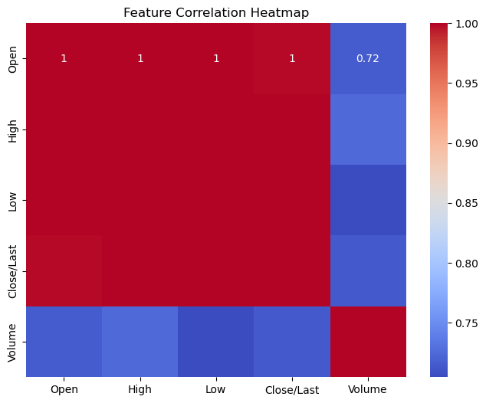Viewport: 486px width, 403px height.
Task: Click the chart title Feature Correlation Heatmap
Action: [216, 12]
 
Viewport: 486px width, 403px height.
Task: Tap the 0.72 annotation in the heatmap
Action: [368, 59]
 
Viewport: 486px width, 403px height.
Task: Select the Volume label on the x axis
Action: [368, 389]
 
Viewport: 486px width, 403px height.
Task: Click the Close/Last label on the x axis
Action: [292, 389]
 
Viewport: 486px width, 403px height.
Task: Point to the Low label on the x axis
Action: [216, 389]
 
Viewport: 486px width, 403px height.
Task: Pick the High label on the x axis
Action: [140, 389]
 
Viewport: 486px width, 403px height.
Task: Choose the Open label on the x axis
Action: [64, 389]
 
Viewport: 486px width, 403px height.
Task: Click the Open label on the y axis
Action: [11, 59]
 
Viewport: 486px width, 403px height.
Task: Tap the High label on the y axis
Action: [11, 129]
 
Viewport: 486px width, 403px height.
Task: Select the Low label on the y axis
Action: [11, 200]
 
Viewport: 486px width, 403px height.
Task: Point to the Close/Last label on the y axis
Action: [11, 270]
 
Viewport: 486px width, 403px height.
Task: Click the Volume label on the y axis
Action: [11, 341]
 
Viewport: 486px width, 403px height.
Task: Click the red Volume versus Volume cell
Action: [368, 341]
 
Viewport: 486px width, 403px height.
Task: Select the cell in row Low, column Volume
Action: [368, 200]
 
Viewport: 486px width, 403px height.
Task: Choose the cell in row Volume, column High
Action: [140, 341]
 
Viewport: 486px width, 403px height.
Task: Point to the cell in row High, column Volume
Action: [368, 129]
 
